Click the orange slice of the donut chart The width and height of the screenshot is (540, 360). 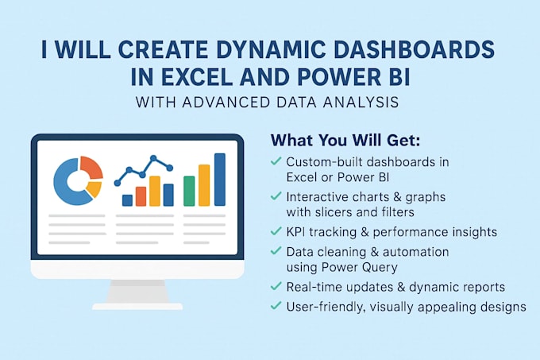click(x=92, y=168)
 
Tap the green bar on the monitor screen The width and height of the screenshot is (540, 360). click(x=189, y=191)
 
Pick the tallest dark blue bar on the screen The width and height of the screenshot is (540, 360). click(x=219, y=180)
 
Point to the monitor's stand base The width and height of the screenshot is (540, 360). click(x=138, y=305)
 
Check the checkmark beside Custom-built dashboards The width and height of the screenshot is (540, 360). click(x=276, y=161)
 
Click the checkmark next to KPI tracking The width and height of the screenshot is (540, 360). click(x=276, y=231)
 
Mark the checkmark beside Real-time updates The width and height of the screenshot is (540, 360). click(x=276, y=286)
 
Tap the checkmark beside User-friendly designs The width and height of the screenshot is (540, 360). click(x=276, y=305)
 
